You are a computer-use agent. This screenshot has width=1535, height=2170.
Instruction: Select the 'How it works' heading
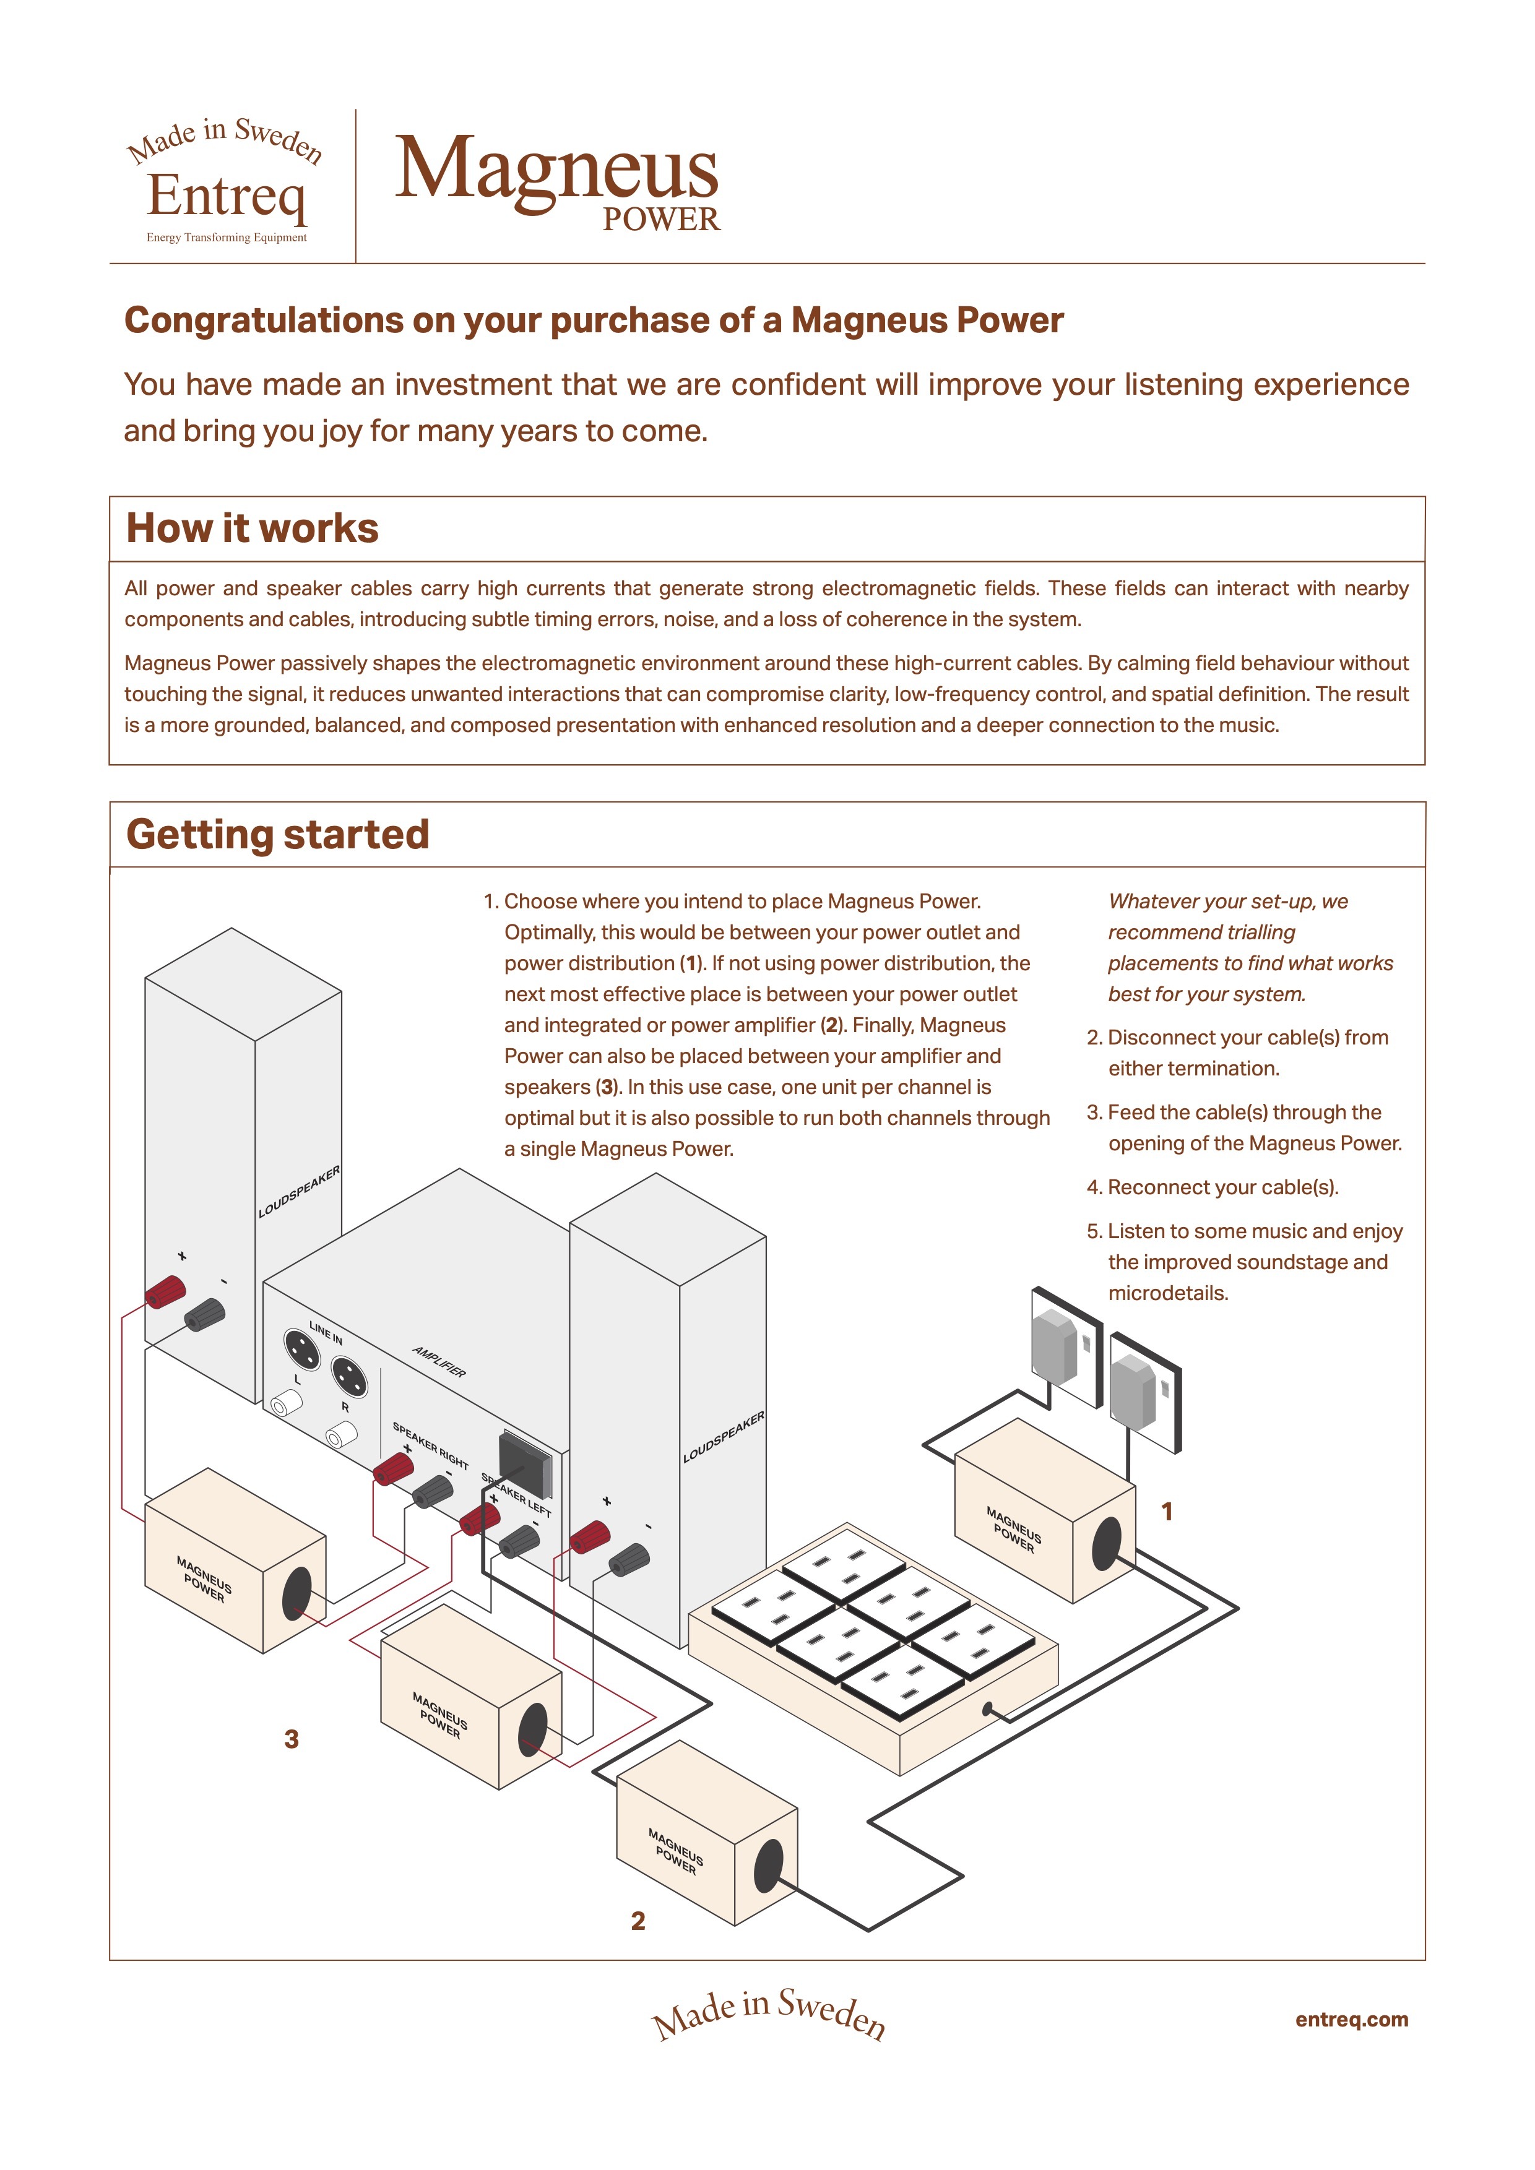(x=253, y=528)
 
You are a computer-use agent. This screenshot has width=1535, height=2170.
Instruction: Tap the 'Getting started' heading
(x=278, y=835)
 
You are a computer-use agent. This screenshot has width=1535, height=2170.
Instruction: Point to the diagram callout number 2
(x=638, y=1921)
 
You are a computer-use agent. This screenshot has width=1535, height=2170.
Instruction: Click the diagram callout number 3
(x=291, y=1739)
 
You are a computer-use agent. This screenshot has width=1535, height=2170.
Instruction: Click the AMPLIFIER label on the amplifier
(x=439, y=1362)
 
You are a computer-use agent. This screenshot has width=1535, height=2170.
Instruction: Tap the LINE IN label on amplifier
(x=326, y=1333)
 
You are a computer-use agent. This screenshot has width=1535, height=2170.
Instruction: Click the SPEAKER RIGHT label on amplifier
(x=431, y=1445)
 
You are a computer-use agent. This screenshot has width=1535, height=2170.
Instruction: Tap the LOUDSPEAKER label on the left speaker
(x=299, y=1193)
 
